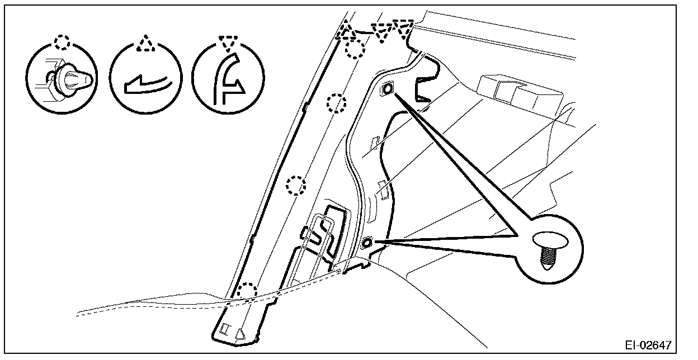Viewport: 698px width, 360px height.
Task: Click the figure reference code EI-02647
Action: click(x=649, y=344)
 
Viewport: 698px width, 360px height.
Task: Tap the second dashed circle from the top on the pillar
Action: click(x=336, y=103)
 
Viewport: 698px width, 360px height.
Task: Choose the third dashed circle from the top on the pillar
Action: click(x=296, y=185)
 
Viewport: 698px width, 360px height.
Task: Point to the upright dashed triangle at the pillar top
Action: click(x=347, y=32)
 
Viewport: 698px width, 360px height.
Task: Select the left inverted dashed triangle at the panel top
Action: click(x=383, y=32)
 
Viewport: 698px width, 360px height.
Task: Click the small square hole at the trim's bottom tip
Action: click(x=225, y=328)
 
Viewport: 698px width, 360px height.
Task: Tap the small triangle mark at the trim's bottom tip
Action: click(x=240, y=334)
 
